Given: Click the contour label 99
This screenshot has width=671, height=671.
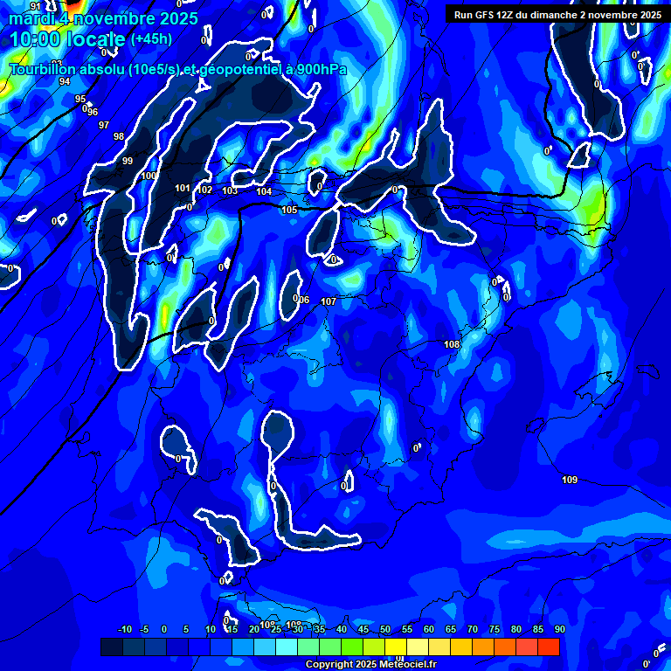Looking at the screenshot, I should coord(128,161).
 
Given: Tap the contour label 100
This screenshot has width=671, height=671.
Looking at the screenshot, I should coord(149,176).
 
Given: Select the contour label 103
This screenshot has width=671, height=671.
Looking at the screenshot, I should coord(230,190).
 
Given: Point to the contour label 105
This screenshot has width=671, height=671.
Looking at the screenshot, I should coord(289,210).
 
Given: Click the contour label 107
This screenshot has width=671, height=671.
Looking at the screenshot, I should coord(329,301).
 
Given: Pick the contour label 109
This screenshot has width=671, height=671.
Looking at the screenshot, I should coord(570,480).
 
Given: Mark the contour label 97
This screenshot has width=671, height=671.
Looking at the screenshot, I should coord(104,125).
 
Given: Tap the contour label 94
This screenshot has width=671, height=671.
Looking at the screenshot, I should coord(65,81).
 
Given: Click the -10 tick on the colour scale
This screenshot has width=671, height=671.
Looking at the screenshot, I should coord(124,630).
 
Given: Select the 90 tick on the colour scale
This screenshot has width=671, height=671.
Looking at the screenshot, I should coord(559,630).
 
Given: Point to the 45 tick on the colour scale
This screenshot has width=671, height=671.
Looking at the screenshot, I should coord(363,630).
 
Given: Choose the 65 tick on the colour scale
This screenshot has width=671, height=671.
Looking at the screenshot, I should coord(450,630).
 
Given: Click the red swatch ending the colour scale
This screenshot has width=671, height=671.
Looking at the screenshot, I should coord(549,647).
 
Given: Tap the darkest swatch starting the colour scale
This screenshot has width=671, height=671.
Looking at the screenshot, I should coord(112,647).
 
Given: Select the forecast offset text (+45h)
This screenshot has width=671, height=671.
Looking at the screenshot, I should coord(151,39).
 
